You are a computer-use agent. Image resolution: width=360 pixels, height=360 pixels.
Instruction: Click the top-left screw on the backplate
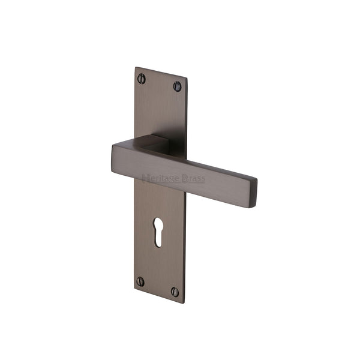tap(142, 78)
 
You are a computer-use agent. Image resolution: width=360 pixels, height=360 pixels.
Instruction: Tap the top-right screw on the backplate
tap(178, 86)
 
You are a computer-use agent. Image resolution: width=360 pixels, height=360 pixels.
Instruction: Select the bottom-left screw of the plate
tap(140, 281)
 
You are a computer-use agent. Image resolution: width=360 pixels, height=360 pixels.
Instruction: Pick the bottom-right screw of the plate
tap(175, 292)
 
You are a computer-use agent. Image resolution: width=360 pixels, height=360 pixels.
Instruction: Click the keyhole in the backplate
tap(158, 232)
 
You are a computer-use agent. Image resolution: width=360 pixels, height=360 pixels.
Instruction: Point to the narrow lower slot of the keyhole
tap(158, 239)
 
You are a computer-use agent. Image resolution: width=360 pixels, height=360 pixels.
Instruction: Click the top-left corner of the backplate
tap(136, 67)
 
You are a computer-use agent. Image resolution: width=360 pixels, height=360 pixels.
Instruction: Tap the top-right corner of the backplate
tap(186, 77)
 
